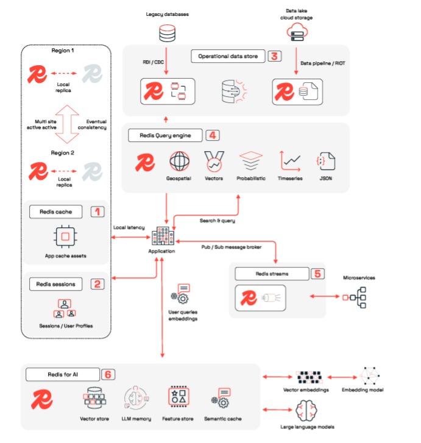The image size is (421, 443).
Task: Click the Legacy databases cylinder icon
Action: [167, 33]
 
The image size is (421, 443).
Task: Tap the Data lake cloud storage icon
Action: [297, 32]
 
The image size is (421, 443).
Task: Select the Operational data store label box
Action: [228, 56]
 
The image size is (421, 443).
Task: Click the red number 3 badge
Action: [274, 56]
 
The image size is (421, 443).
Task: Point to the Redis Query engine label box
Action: [165, 135]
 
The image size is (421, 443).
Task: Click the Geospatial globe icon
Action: [179, 161]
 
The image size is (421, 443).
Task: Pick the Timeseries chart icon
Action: [290, 161]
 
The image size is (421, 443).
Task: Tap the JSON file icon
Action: [326, 161]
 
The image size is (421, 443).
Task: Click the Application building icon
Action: [163, 236]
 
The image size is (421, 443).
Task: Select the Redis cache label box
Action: [55, 211]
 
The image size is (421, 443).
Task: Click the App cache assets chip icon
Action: [65, 236]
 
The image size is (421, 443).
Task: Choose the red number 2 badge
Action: [97, 284]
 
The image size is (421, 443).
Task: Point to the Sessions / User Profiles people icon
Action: [65, 308]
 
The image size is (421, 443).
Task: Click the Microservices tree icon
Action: [355, 297]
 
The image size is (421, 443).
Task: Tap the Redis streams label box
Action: [272, 274]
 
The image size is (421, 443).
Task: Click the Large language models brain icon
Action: [306, 411]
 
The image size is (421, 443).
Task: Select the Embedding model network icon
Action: [370, 376]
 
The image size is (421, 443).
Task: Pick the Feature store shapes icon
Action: [179, 396]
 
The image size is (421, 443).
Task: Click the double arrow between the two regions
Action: [67, 124]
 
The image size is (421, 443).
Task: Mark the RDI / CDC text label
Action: [153, 62]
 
